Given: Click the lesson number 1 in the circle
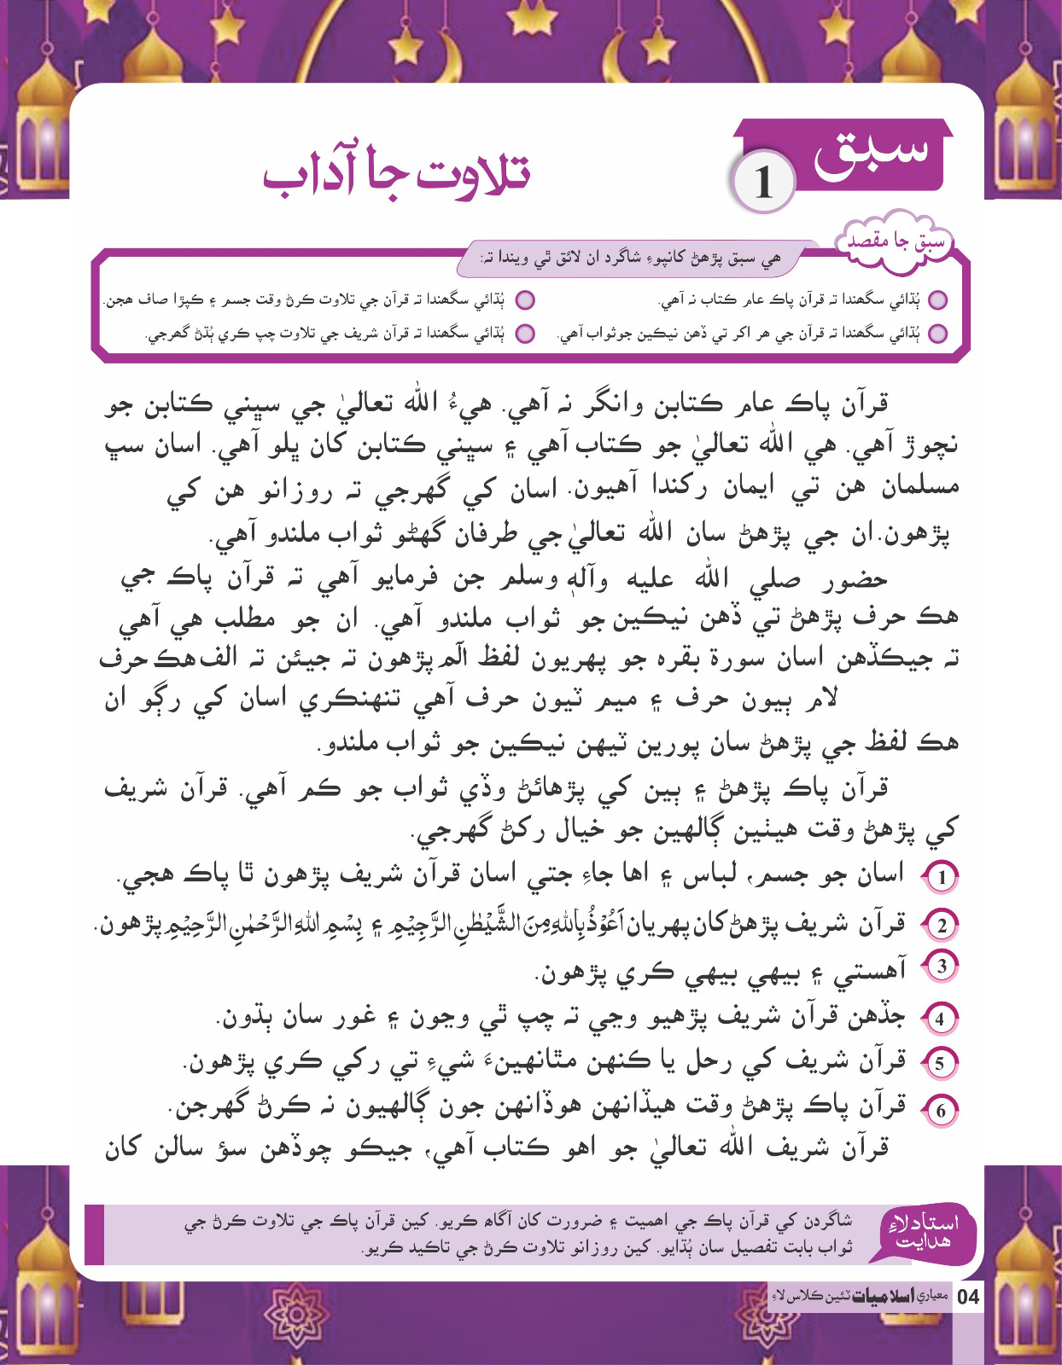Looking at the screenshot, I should point(762,182).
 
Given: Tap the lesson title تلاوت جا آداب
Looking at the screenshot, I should point(396,172).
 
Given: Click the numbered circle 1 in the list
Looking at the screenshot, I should point(942,877).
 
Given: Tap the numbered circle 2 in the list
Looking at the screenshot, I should point(942,926).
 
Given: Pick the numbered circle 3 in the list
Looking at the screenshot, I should point(942,967).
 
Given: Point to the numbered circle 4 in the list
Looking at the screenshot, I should point(941,1019).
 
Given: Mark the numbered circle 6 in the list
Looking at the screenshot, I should point(941,1111).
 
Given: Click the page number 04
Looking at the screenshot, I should point(968,1298).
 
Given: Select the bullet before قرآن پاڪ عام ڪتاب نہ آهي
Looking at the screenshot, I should point(938,300).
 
